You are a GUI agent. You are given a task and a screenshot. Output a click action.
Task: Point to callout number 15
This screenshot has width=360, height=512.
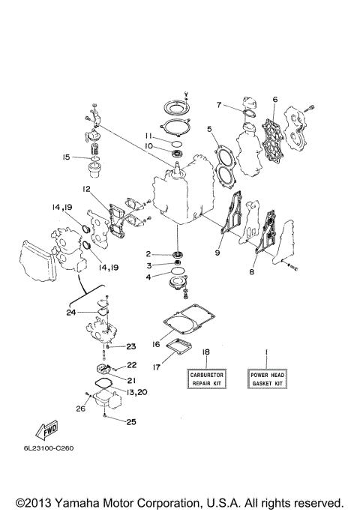pos(67,157)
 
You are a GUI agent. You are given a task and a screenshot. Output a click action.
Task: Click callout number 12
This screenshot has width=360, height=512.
pos(87,189)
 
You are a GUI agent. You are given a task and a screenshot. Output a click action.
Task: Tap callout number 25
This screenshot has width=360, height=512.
pos(130,422)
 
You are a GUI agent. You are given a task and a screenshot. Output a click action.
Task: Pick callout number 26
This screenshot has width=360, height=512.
pos(80,409)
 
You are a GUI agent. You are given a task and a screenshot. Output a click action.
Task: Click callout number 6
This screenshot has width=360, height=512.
pos(275,99)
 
